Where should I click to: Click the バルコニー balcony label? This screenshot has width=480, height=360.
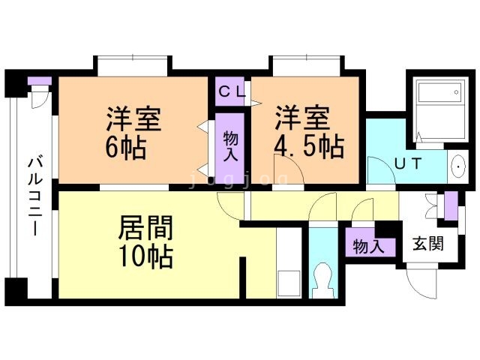click(x=35, y=196)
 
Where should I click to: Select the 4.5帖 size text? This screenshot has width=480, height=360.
click(x=309, y=147)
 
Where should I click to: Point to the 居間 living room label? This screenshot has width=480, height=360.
click(x=145, y=228)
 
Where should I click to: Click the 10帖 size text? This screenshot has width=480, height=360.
click(x=146, y=256)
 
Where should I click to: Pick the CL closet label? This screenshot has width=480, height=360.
click(x=232, y=91)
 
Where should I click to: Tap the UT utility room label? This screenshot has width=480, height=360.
click(x=408, y=163)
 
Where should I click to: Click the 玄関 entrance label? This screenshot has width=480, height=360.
click(x=428, y=244)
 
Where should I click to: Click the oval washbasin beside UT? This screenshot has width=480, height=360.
click(x=458, y=166)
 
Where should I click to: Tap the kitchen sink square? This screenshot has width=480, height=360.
click(x=289, y=283)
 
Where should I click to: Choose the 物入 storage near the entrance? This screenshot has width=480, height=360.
click(x=368, y=246)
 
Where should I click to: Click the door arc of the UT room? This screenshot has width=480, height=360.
click(x=381, y=171)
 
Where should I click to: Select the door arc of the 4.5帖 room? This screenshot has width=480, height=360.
click(x=289, y=169)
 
